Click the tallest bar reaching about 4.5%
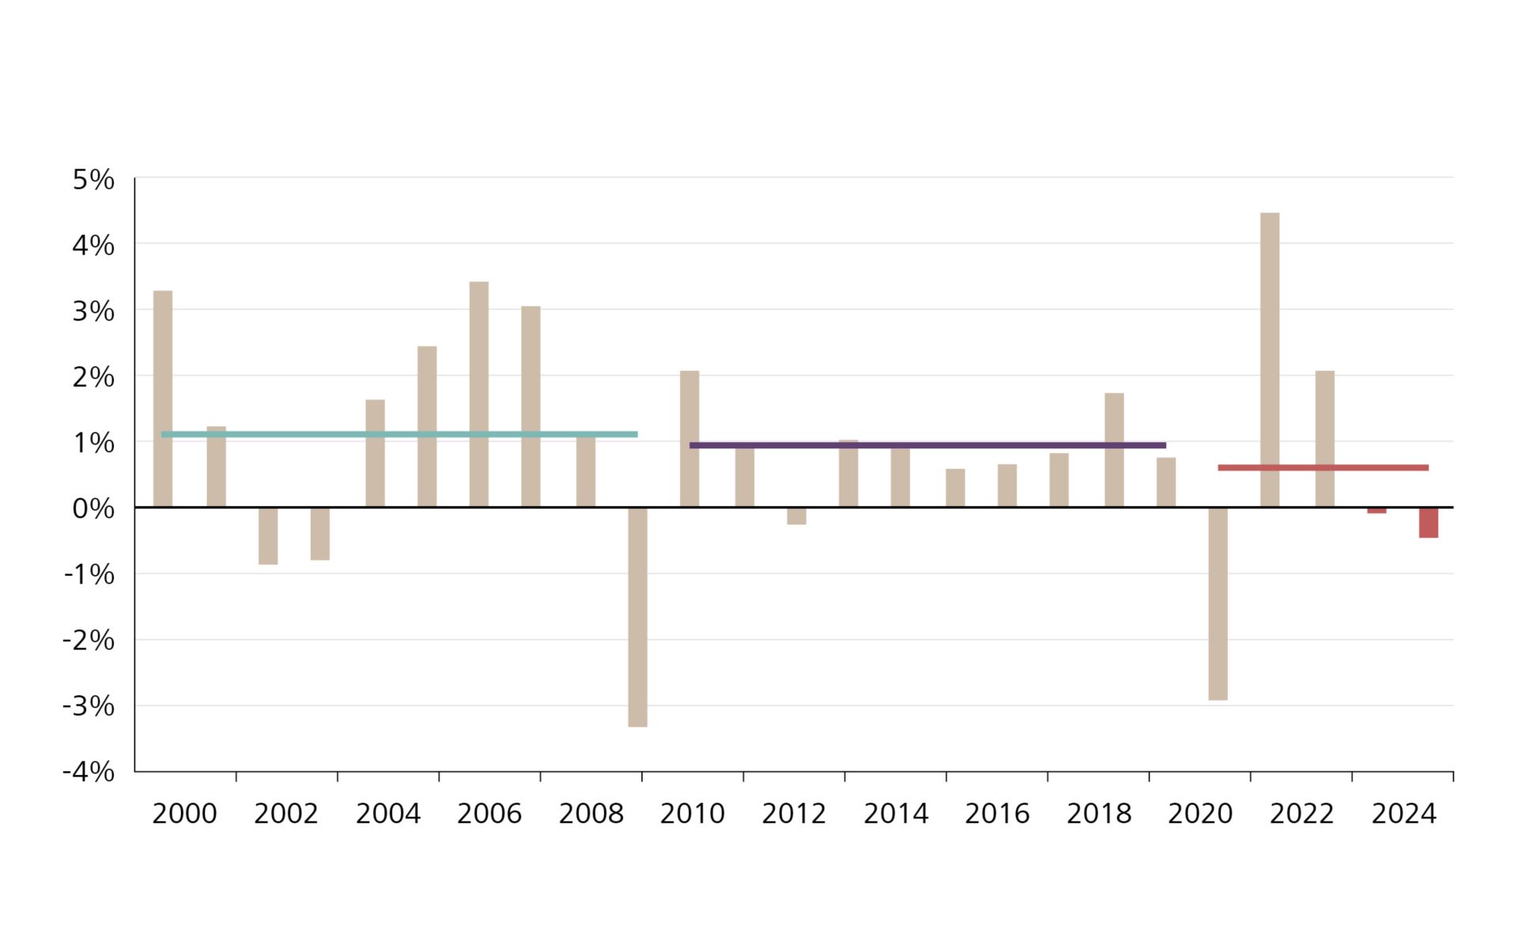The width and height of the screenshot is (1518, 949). tap(1269, 360)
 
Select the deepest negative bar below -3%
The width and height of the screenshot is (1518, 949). tap(637, 617)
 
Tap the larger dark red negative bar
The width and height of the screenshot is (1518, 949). tap(1428, 523)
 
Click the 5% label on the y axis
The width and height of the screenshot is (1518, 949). tap(93, 180)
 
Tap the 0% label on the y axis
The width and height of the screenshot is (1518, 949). tap(93, 509)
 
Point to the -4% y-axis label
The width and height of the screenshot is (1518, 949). tap(89, 772)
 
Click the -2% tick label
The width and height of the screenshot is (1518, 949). tap(89, 641)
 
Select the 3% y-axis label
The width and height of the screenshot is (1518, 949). tap(93, 312)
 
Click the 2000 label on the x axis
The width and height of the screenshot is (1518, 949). tap(184, 814)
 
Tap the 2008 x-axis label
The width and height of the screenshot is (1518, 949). tap(591, 814)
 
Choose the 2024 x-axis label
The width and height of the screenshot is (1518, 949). tap(1403, 814)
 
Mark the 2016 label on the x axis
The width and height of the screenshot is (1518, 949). tap(997, 814)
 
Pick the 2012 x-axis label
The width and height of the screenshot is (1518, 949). tap(794, 814)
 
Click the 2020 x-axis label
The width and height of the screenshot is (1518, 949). tap(1200, 814)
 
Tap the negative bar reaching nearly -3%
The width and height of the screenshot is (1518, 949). tap(1218, 603)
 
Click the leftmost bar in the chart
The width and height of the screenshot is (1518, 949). tap(163, 399)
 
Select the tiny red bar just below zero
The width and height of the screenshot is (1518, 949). tap(1376, 511)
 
